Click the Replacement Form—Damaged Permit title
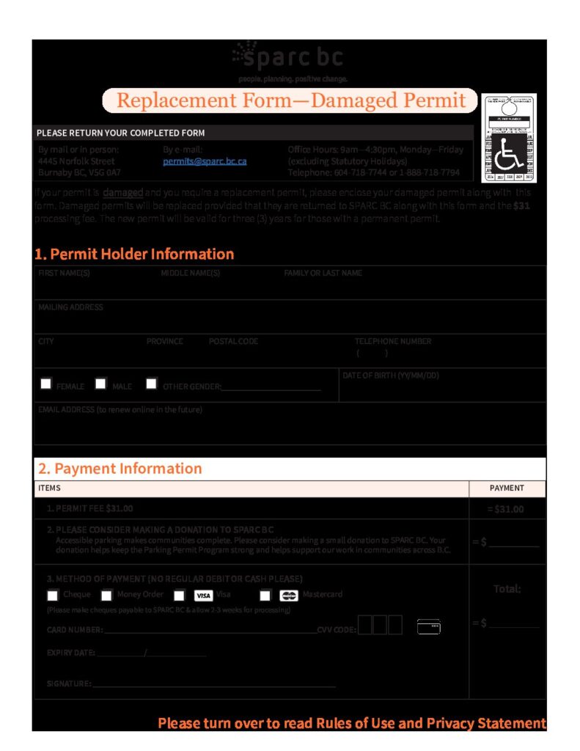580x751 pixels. pyautogui.click(x=291, y=100)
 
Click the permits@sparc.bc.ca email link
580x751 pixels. pyautogui.click(x=205, y=161)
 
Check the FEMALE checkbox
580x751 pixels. pyautogui.click(x=46, y=384)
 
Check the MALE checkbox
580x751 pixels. pyautogui.click(x=100, y=384)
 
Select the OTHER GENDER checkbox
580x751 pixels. pyautogui.click(x=151, y=384)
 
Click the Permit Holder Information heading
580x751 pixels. pyautogui.click(x=134, y=254)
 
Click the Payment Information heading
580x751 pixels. pyautogui.click(x=120, y=469)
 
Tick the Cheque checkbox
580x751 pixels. pyautogui.click(x=52, y=596)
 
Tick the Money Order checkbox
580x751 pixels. pyautogui.click(x=106, y=596)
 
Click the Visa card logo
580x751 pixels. pyautogui.click(x=203, y=596)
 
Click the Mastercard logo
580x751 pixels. pyautogui.click(x=288, y=596)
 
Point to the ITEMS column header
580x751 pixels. pyautogui.click(x=49, y=488)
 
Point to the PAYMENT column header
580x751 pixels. pyautogui.click(x=507, y=488)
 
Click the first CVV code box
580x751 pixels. pyautogui.click(x=365, y=625)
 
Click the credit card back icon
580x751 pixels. pyautogui.click(x=429, y=626)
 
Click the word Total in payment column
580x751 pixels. pyautogui.click(x=507, y=589)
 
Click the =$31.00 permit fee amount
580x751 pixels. pyautogui.click(x=506, y=509)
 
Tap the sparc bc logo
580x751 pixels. pyautogui.click(x=289, y=58)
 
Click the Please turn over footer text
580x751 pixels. pyautogui.click(x=352, y=723)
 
